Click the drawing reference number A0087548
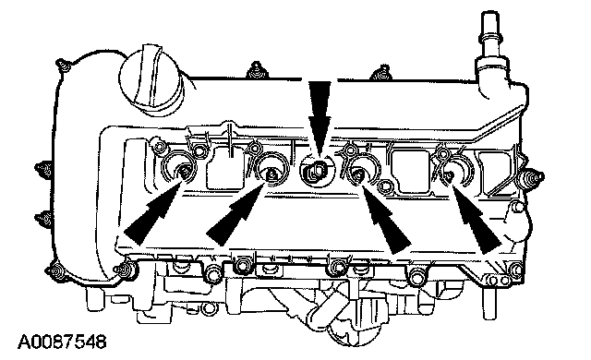[x=62, y=342]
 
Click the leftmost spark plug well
[x=179, y=169]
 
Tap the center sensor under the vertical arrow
[x=316, y=171]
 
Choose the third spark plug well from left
[x=361, y=172]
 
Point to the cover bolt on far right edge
[x=533, y=176]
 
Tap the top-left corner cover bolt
[x=63, y=66]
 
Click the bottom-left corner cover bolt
[x=55, y=271]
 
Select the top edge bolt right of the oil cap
[x=256, y=70]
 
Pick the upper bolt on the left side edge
[x=43, y=168]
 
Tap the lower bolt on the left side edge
[x=43, y=218]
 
